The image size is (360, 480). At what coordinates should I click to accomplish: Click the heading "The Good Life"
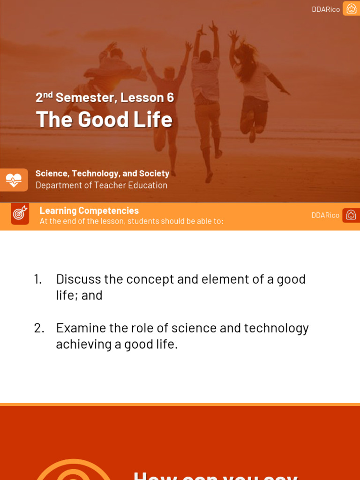[104, 119]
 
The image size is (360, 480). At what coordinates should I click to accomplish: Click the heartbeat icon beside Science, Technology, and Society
[14, 180]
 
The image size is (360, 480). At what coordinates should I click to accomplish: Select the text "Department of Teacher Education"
[101, 185]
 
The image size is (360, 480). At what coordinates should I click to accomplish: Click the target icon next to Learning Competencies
[20, 213]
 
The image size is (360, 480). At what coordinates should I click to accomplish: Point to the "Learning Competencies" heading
[89, 210]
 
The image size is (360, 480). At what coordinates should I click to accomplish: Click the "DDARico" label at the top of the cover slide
[326, 9]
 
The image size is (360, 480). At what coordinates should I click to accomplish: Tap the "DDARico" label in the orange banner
[325, 215]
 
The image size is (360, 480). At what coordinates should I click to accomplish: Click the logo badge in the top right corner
[351, 8]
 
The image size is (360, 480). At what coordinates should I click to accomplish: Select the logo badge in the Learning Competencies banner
[351, 215]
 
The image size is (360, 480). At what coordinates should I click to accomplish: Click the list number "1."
[38, 279]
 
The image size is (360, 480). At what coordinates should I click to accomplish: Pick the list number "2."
[39, 328]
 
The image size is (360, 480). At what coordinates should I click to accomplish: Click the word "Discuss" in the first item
[78, 279]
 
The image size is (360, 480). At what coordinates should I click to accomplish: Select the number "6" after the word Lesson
[170, 97]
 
